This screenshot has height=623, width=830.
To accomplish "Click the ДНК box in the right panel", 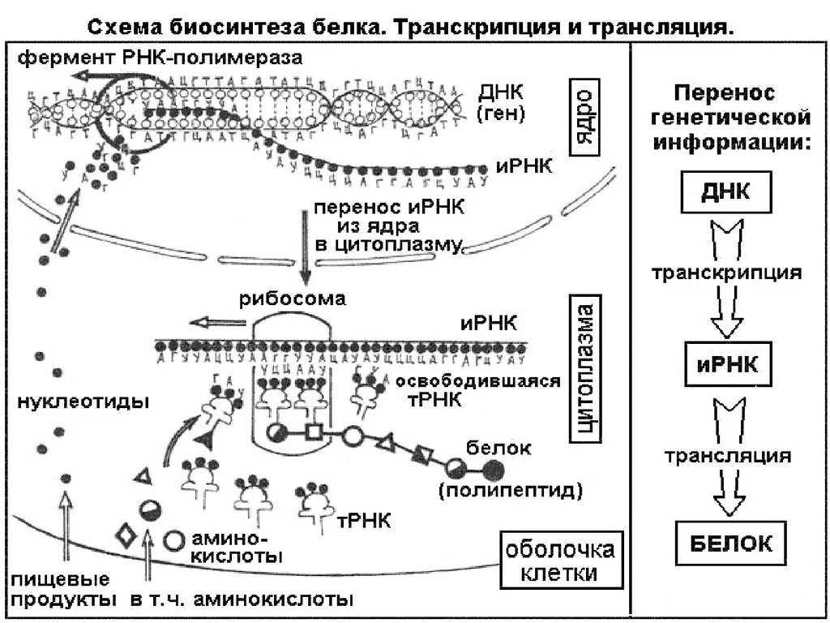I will [725, 193].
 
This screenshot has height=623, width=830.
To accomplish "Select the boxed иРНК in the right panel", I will [725, 365].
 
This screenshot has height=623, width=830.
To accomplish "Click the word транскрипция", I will [726, 273].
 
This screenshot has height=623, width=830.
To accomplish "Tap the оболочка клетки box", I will [560, 561].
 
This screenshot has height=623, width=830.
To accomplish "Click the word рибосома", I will [292, 299].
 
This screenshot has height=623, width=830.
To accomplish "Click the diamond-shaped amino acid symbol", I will [126, 537].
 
